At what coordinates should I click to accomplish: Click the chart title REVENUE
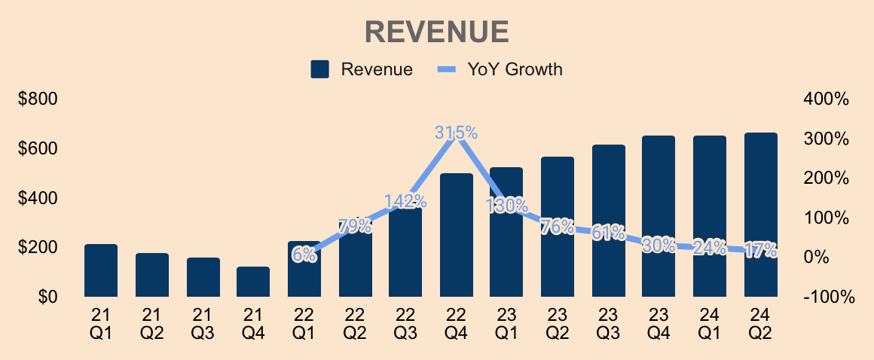(437, 32)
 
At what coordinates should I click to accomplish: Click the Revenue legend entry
(362, 70)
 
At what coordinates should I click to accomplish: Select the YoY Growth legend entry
(500, 70)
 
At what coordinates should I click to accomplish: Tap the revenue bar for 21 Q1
(101, 270)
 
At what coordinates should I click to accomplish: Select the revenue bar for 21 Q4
(253, 282)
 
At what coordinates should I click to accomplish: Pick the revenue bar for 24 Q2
(760, 215)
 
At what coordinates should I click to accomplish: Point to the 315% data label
(456, 133)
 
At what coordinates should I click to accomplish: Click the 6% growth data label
(304, 255)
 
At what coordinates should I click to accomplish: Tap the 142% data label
(405, 201)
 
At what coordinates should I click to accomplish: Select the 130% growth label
(506, 205)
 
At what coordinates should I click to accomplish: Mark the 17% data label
(760, 250)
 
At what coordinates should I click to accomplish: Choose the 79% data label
(355, 226)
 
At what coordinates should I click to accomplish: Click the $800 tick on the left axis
(38, 99)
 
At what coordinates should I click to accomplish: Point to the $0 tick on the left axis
(48, 297)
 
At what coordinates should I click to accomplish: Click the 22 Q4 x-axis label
(456, 322)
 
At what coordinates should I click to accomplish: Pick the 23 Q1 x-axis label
(506, 322)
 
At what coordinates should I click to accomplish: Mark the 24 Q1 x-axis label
(709, 322)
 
